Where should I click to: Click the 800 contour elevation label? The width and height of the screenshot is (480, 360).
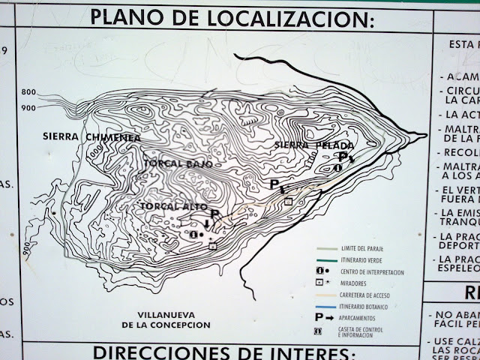point(28,91)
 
